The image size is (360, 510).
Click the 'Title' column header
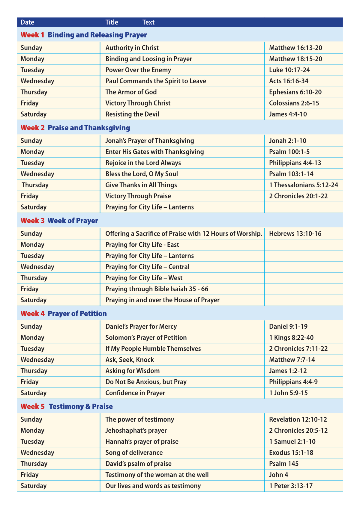coord(112,22)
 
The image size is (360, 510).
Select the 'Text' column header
coord(148,22)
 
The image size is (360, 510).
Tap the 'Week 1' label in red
coord(32,35)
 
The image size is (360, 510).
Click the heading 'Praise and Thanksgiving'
coord(89,128)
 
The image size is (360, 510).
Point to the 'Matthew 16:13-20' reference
coord(295,48)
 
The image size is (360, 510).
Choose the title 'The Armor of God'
coord(131,92)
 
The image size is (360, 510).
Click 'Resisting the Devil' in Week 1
coord(132,114)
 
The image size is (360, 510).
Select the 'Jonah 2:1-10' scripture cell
coord(287,141)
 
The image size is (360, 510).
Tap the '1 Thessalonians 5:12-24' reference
coord(303,185)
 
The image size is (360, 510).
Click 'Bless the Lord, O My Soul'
coord(142,174)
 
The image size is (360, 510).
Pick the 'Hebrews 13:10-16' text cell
coord(295,234)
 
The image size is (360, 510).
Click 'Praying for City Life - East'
coord(142,245)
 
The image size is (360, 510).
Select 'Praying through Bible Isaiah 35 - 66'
coord(157,289)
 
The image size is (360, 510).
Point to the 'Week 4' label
coord(33,313)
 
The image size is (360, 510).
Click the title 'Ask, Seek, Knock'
coord(130,360)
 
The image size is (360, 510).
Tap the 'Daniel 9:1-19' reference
coord(288,327)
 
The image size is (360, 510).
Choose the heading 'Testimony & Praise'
coord(81,406)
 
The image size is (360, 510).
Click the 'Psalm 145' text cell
coord(284,464)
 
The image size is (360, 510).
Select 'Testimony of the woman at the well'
coord(157,475)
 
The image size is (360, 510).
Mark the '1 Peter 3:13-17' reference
coord(291,486)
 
